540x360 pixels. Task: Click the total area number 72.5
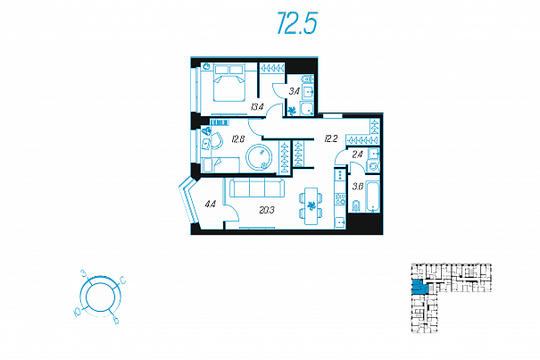pyautogui.click(x=296, y=25)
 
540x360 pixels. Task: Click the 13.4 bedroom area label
pyautogui.click(x=257, y=107)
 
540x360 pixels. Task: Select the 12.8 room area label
pyautogui.click(x=237, y=138)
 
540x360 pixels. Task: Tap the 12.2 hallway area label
pyautogui.click(x=330, y=138)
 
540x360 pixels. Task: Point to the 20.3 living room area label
pyautogui.click(x=266, y=211)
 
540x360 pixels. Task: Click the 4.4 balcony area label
pyautogui.click(x=210, y=205)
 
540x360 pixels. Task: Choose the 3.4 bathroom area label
pyautogui.click(x=295, y=90)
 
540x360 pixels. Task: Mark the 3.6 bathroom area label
pyautogui.click(x=357, y=186)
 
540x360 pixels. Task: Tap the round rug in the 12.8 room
pyautogui.click(x=261, y=156)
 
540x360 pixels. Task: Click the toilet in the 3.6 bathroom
pyautogui.click(x=354, y=208)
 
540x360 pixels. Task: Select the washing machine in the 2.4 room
pyautogui.click(x=374, y=165)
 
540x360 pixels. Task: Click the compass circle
pyautogui.click(x=98, y=295)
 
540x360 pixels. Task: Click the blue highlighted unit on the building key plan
pyautogui.click(x=418, y=288)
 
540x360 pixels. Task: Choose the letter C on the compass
pyautogui.click(x=122, y=282)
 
